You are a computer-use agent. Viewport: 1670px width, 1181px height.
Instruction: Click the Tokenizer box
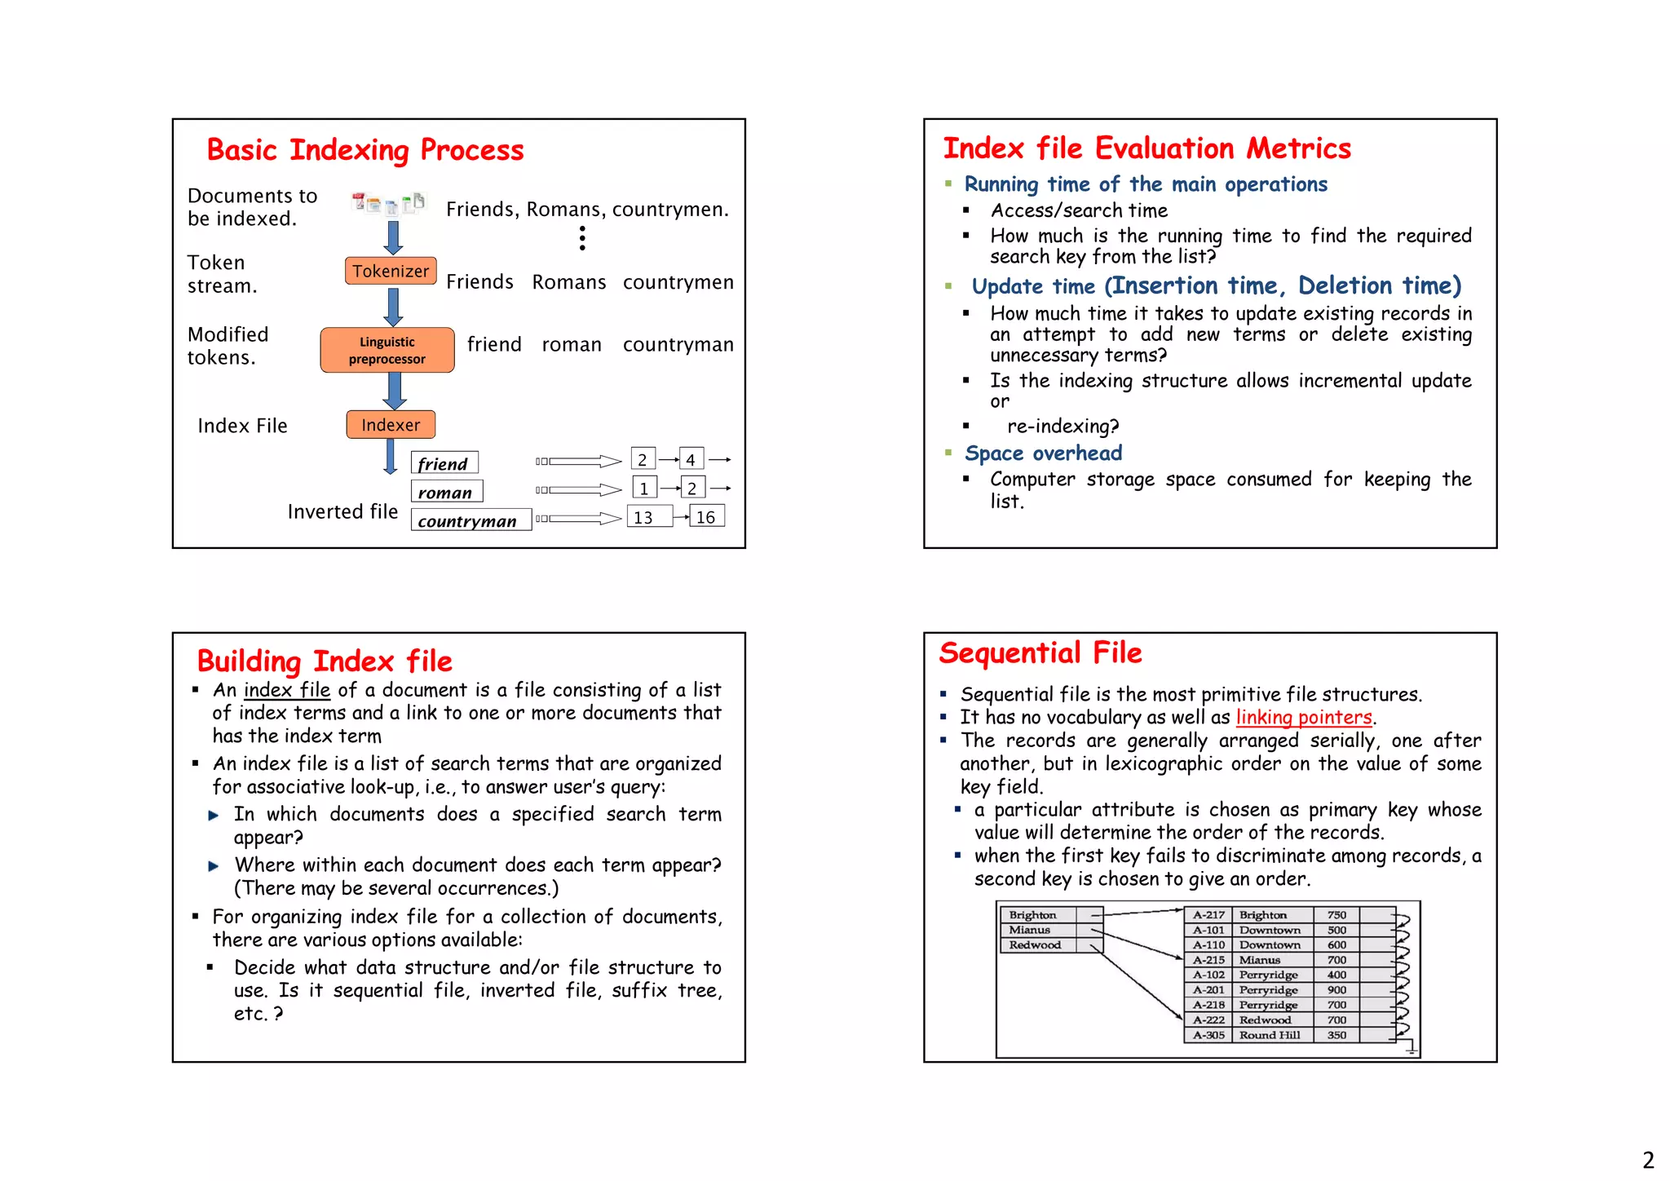tap(390, 271)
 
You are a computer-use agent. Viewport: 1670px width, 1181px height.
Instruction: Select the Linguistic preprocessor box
tap(387, 350)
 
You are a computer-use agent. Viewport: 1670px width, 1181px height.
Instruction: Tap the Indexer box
tap(391, 425)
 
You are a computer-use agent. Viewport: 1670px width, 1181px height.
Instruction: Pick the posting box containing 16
tap(706, 517)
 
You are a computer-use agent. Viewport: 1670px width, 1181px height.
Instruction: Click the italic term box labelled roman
tap(446, 492)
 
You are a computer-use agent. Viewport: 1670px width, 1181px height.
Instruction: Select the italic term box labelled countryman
tap(470, 520)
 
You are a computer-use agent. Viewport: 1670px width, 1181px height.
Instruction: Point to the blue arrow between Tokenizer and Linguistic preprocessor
tap(393, 307)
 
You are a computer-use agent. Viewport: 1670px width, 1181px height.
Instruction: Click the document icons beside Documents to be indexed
tap(388, 202)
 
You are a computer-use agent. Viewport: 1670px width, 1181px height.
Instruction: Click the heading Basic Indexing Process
tap(364, 150)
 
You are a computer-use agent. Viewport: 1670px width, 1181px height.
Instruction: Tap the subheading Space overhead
tap(1043, 453)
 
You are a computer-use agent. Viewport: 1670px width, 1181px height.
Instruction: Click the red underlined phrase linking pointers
tap(1303, 717)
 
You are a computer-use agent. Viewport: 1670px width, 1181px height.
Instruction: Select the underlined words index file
tap(287, 690)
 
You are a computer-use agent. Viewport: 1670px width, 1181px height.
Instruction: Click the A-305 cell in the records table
tap(1208, 1035)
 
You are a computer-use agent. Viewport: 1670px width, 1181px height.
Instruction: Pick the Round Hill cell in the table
tap(1269, 1035)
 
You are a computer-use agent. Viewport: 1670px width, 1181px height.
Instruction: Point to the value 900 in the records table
tap(1336, 990)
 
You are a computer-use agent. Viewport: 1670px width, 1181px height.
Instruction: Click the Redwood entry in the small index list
tap(1035, 945)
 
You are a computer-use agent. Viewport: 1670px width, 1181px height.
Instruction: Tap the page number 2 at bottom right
tap(1648, 1160)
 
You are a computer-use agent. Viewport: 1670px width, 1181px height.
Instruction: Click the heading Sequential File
tap(1040, 653)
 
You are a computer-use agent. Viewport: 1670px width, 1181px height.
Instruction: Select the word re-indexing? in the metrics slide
tap(1063, 427)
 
